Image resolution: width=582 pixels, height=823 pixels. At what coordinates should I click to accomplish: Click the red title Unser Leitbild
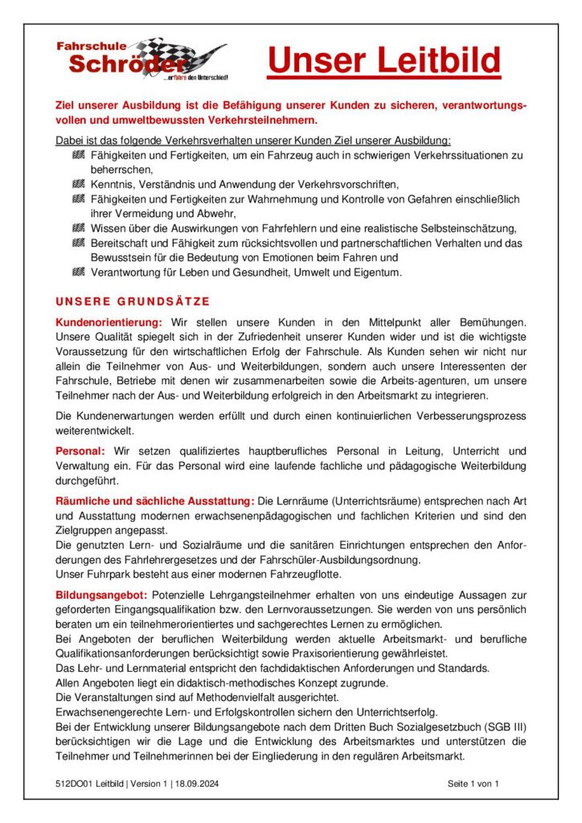383,60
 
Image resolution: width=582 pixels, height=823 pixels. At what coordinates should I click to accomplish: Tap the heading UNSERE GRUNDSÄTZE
133,302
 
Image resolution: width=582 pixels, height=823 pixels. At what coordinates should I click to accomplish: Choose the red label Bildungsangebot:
101,595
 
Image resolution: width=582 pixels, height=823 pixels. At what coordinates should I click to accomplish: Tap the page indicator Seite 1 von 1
473,783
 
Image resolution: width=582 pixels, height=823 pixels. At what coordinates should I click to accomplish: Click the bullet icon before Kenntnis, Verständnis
78,184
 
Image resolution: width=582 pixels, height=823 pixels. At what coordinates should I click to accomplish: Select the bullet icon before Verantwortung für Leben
78,272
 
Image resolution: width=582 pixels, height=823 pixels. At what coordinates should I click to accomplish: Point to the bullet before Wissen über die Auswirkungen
78,228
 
